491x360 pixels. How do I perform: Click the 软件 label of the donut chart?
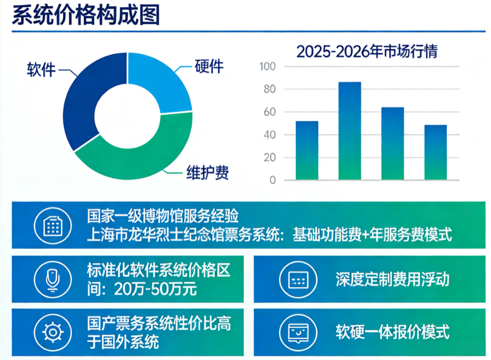41,69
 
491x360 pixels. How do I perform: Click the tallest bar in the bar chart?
350,131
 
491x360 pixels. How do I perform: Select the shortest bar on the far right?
435,152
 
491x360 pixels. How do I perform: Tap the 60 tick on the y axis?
270,112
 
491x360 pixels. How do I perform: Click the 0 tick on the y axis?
272,180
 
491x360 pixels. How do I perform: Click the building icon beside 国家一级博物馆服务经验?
52,225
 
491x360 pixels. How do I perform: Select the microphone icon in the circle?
52,280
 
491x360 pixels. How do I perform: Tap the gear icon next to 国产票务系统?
52,332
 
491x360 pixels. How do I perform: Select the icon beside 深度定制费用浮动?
298,280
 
